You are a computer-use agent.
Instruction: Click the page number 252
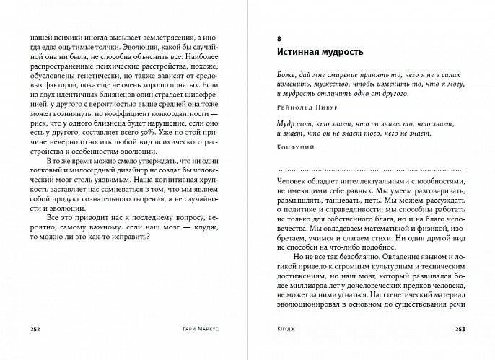point(35,329)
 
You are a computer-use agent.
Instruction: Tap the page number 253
point(460,329)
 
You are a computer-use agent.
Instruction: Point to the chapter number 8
point(279,36)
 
